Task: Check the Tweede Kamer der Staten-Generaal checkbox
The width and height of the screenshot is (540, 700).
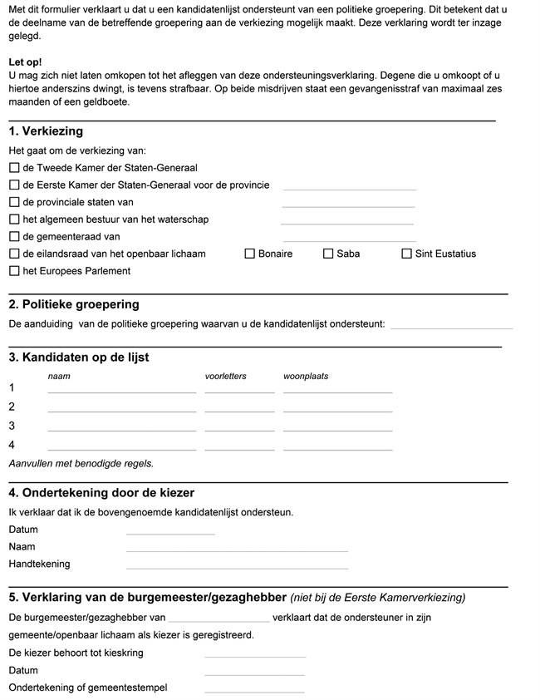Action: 14,167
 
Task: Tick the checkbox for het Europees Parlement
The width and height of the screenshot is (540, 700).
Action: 14,271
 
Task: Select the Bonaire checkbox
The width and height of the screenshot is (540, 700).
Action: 250,254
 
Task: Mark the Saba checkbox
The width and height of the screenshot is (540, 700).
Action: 328,254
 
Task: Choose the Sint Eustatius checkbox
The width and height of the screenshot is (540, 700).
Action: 407,254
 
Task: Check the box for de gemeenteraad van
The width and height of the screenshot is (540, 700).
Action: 14,236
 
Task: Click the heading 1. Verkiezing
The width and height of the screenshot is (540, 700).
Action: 46,131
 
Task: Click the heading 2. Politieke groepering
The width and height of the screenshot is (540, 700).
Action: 74,304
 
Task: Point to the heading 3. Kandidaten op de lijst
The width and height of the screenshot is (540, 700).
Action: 79,357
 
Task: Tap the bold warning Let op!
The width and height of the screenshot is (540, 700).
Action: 25,62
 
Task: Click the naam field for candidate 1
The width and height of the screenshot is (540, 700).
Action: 121,387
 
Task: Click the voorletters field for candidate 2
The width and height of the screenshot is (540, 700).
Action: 239,407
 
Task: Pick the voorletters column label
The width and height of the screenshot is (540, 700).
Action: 225,376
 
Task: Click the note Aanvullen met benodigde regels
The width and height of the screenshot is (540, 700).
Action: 81,463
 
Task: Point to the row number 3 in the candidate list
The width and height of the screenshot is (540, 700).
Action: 12,426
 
